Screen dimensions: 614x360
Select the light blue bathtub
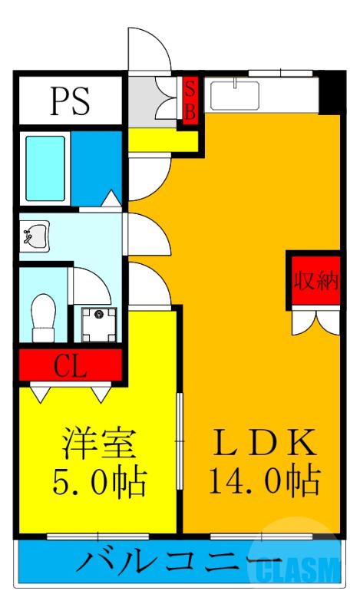coord(46,160)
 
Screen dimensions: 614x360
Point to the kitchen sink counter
coord(261,94)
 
